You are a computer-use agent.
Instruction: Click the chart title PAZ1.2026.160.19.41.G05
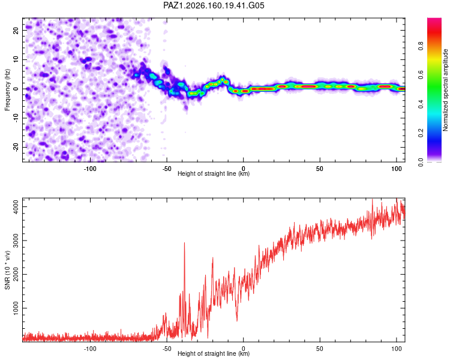pyautogui.click(x=214, y=5)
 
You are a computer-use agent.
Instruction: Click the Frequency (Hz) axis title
pyautogui.click(x=7, y=90)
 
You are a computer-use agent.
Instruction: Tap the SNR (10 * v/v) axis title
pyautogui.click(x=7, y=270)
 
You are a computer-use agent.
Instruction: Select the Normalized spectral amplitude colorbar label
pyautogui.click(x=445, y=90)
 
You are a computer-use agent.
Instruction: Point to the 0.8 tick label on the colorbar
pyautogui.click(x=421, y=46)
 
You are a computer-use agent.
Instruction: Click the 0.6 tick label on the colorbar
pyautogui.click(x=421, y=75)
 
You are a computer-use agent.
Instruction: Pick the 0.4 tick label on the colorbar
pyautogui.click(x=421, y=104)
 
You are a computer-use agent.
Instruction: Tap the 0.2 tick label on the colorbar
pyautogui.click(x=421, y=133)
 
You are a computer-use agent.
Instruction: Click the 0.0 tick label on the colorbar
pyautogui.click(x=421, y=162)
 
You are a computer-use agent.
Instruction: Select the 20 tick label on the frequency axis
pyautogui.click(x=16, y=30)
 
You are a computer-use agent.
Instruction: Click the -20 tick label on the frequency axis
pyautogui.click(x=16, y=147)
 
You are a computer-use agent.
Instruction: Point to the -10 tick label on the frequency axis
pyautogui.click(x=16, y=118)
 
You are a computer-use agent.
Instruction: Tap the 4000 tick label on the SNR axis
pyautogui.click(x=16, y=206)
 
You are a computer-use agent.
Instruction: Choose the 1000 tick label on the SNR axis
pyautogui.click(x=16, y=308)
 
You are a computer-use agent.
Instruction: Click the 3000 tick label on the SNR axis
pyautogui.click(x=16, y=241)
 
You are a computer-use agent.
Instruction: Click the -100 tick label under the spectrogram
pyautogui.click(x=90, y=169)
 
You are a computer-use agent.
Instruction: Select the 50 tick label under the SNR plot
pyautogui.click(x=320, y=349)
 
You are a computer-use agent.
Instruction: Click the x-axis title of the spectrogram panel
pyautogui.click(x=214, y=173)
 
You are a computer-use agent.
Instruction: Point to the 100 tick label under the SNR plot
pyautogui.click(x=397, y=349)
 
